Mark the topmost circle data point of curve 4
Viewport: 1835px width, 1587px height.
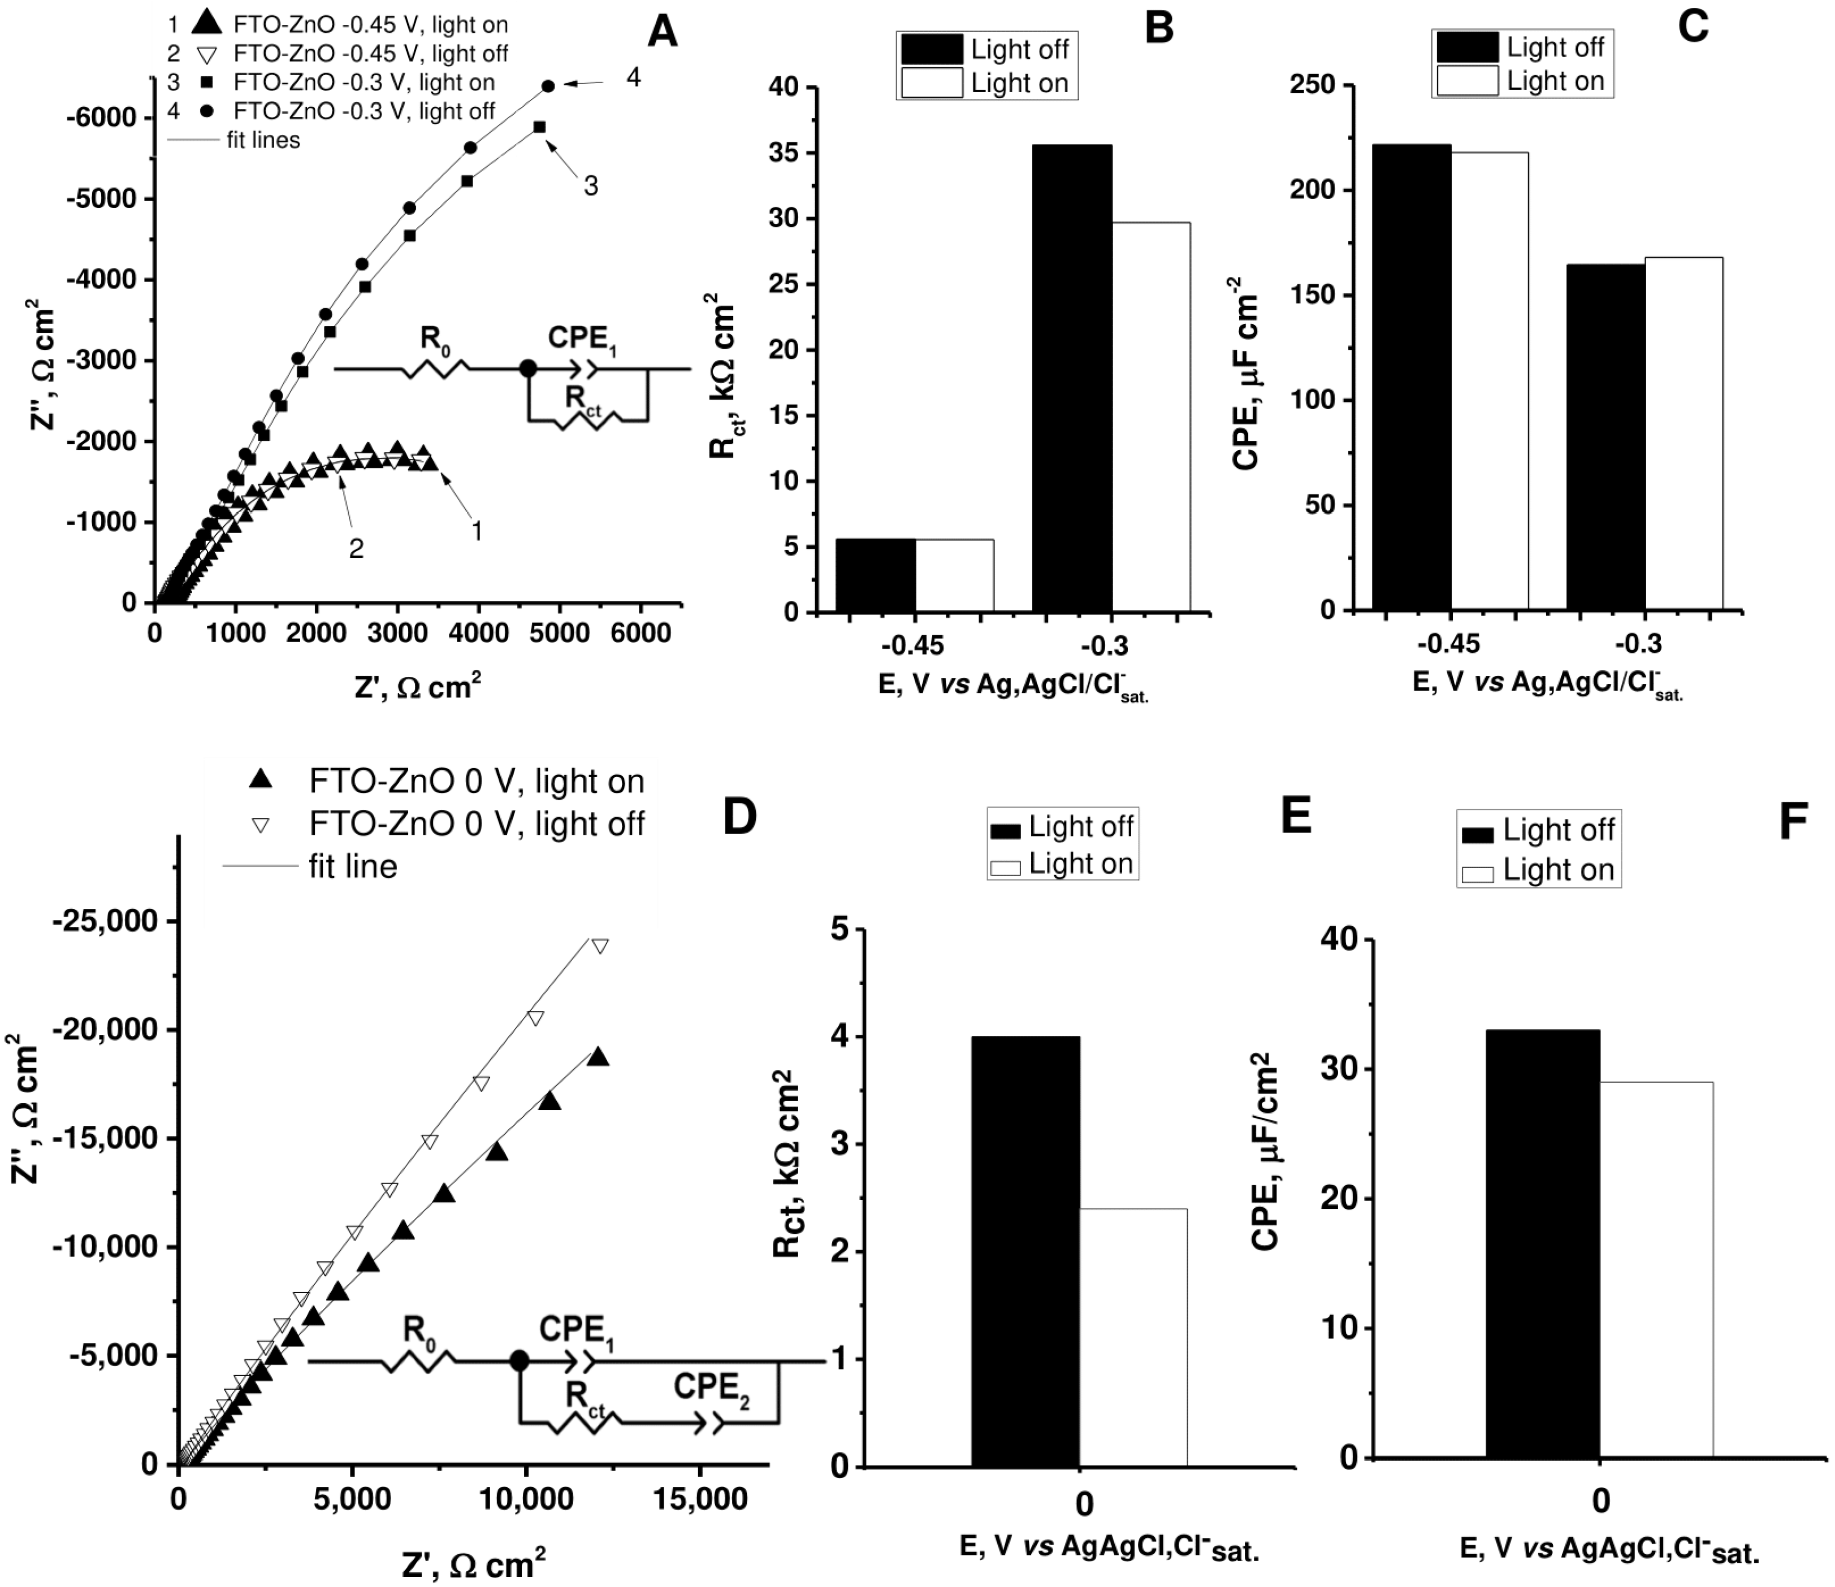548,86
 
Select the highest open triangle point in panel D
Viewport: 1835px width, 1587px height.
600,946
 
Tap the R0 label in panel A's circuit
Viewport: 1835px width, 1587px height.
434,339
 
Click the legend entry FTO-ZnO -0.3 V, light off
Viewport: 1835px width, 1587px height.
363,111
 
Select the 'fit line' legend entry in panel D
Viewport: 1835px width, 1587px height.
353,866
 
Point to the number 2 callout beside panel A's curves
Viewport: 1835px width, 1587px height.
356,549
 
